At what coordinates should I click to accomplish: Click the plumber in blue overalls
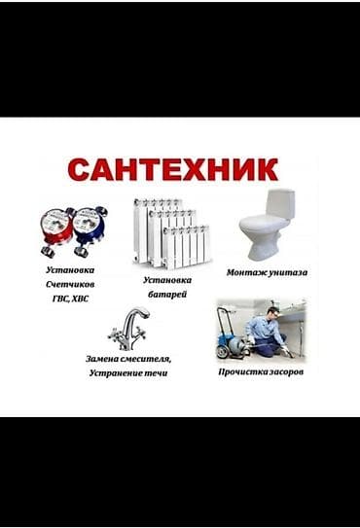click(266, 329)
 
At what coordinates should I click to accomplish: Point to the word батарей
click(168, 294)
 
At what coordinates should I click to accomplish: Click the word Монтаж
click(245, 273)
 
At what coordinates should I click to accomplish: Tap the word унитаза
click(287, 273)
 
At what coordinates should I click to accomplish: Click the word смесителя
click(149, 358)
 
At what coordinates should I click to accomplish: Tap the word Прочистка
click(242, 372)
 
